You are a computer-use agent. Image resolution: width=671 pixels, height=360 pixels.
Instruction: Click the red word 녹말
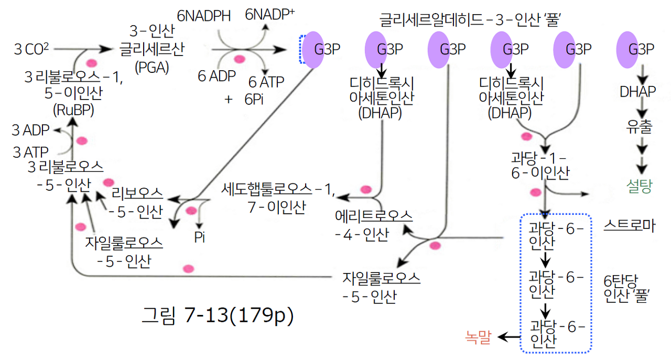coord(478,337)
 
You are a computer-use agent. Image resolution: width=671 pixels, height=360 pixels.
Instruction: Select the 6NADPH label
coord(203,16)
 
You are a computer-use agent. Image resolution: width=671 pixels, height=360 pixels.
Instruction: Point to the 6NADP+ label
coord(269,15)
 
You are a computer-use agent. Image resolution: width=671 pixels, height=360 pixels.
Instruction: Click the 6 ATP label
coord(266,82)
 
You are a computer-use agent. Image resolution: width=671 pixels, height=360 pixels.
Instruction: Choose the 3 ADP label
coord(30,130)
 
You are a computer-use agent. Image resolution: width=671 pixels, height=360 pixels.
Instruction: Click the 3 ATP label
coord(30,152)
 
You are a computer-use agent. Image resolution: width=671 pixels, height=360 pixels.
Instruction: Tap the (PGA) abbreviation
coord(151,67)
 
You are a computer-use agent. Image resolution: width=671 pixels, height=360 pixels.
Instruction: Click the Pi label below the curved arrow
coord(199,237)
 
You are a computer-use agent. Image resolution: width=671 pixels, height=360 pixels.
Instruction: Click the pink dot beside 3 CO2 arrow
coord(91,62)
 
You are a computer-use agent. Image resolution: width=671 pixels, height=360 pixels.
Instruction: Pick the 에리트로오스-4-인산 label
coord(373,225)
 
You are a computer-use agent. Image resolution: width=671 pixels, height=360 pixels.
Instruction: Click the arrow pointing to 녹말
coord(506,337)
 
